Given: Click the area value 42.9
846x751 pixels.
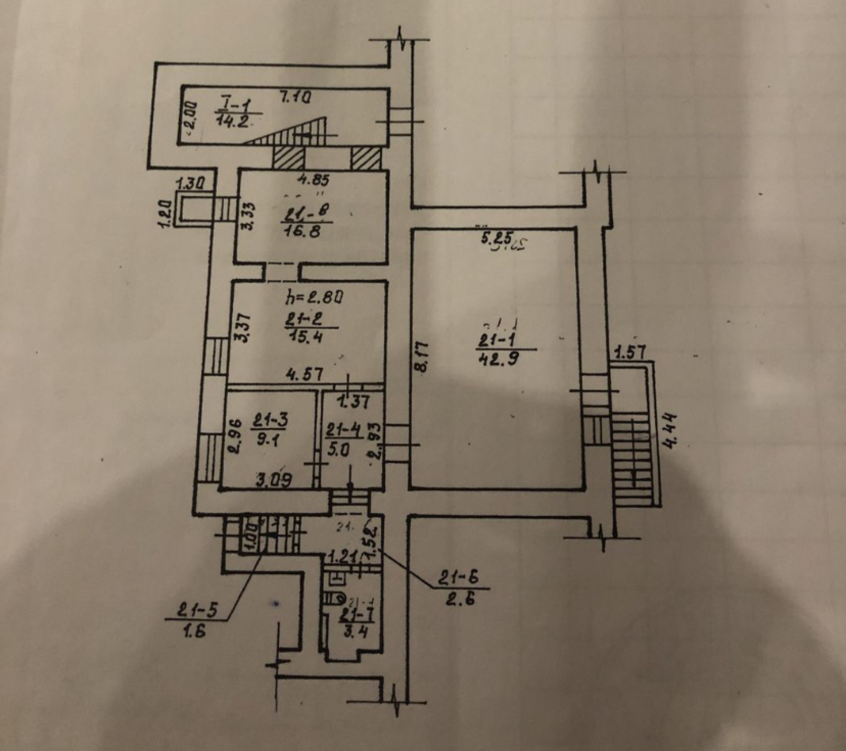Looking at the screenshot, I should click(x=498, y=359).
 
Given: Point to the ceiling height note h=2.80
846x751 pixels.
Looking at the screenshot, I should click(x=314, y=298).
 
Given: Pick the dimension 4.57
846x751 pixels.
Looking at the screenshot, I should click(x=304, y=374).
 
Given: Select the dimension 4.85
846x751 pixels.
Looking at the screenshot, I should click(x=313, y=180).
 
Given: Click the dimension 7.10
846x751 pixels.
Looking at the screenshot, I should click(x=295, y=97).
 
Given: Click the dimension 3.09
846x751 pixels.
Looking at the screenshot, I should click(x=274, y=480).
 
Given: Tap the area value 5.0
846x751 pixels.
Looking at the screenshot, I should click(x=338, y=450).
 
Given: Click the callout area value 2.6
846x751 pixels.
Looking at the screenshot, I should click(x=459, y=599).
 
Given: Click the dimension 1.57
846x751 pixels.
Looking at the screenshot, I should click(x=631, y=352).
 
